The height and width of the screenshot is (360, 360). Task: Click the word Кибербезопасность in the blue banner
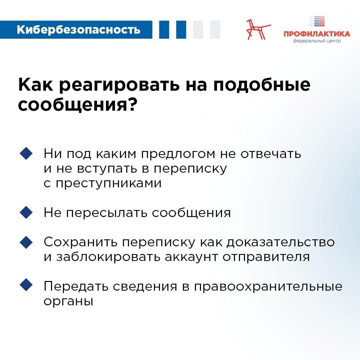78,30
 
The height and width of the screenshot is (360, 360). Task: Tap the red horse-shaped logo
258,29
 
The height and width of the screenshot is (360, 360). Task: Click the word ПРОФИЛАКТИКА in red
317,34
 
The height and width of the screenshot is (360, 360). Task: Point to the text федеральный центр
317,41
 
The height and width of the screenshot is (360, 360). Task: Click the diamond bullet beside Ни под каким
26,154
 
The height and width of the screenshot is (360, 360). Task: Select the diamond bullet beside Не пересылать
26,212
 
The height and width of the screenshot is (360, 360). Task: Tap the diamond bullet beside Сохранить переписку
26,242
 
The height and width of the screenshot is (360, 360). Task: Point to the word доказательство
280,242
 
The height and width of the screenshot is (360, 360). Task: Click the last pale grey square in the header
215,30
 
